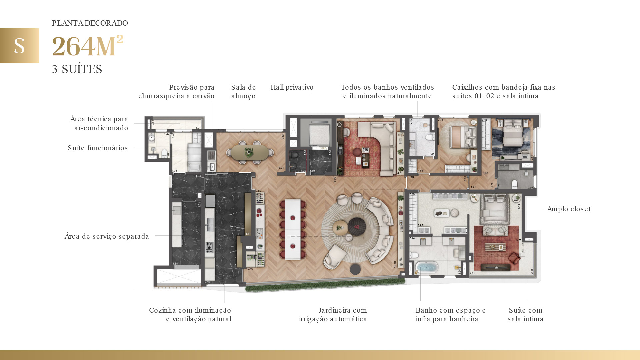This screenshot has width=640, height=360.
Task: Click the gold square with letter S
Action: pyautogui.click(x=19, y=46)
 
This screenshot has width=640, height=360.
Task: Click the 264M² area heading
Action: pyautogui.click(x=88, y=46)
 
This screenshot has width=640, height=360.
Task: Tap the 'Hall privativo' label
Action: pyautogui.click(x=292, y=87)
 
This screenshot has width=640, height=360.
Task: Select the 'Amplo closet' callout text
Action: pyautogui.click(x=569, y=209)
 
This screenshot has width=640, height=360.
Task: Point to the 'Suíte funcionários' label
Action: pyautogui.click(x=98, y=148)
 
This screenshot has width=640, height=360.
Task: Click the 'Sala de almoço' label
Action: pyautogui.click(x=243, y=92)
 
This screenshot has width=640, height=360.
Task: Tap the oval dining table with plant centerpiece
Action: pyautogui.click(x=249, y=152)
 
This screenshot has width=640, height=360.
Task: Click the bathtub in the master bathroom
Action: pyautogui.click(x=427, y=268)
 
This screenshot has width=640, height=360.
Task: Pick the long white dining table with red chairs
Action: pyautogui.click(x=293, y=229)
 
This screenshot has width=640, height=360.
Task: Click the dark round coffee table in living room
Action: pyautogui.click(x=357, y=227)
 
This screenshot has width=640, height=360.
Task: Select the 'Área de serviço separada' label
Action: pyautogui.click(x=107, y=236)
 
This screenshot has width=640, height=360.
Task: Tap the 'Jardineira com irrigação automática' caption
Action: pyautogui.click(x=333, y=315)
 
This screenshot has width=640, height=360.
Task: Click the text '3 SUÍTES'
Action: pyautogui.click(x=77, y=69)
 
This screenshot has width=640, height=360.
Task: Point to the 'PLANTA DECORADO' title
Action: pyautogui.click(x=90, y=23)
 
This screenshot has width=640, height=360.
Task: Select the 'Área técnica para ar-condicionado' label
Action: pyautogui.click(x=99, y=123)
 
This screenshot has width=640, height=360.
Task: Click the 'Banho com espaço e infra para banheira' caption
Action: pyautogui.click(x=450, y=315)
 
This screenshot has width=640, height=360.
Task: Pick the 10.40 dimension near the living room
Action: pyautogui.click(x=395, y=264)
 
